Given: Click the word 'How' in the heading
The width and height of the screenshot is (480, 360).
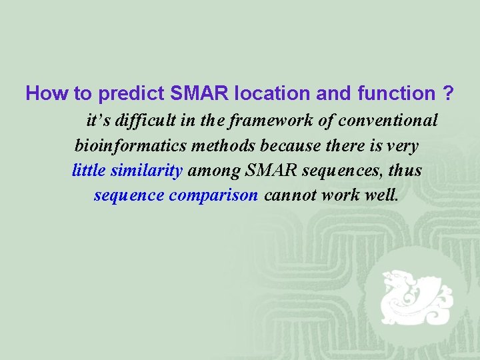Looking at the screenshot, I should click(43, 94).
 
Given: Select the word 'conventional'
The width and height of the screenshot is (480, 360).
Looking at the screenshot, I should click(388, 121).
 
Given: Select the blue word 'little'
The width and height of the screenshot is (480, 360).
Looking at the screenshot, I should click(89, 170).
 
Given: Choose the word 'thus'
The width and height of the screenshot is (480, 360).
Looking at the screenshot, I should click(405, 170).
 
